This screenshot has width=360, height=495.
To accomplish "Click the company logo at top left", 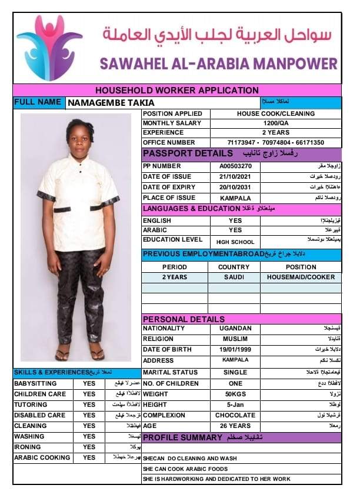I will point(49,48).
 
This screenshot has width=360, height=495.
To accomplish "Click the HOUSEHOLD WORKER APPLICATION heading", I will point(177,91).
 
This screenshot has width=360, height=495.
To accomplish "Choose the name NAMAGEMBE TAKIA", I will point(106,102).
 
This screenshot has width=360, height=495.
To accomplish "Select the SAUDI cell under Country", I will point(234,277).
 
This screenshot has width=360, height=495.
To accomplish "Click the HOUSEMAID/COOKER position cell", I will point(301,277).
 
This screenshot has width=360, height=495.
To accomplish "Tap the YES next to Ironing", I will point(89,447).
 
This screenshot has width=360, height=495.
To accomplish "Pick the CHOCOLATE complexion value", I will point(235,416).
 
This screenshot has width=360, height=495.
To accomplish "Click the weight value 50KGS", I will point(235,394).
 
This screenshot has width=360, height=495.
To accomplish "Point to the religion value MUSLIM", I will point(235,339).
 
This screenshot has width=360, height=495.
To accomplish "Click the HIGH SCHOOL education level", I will point(235,242).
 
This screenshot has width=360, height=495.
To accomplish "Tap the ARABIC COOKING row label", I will point(42,458).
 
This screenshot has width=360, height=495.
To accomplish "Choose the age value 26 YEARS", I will point(235,426).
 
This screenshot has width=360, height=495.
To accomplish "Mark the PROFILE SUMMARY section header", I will point(183,438).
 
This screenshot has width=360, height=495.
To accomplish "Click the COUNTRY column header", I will point(234,267).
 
